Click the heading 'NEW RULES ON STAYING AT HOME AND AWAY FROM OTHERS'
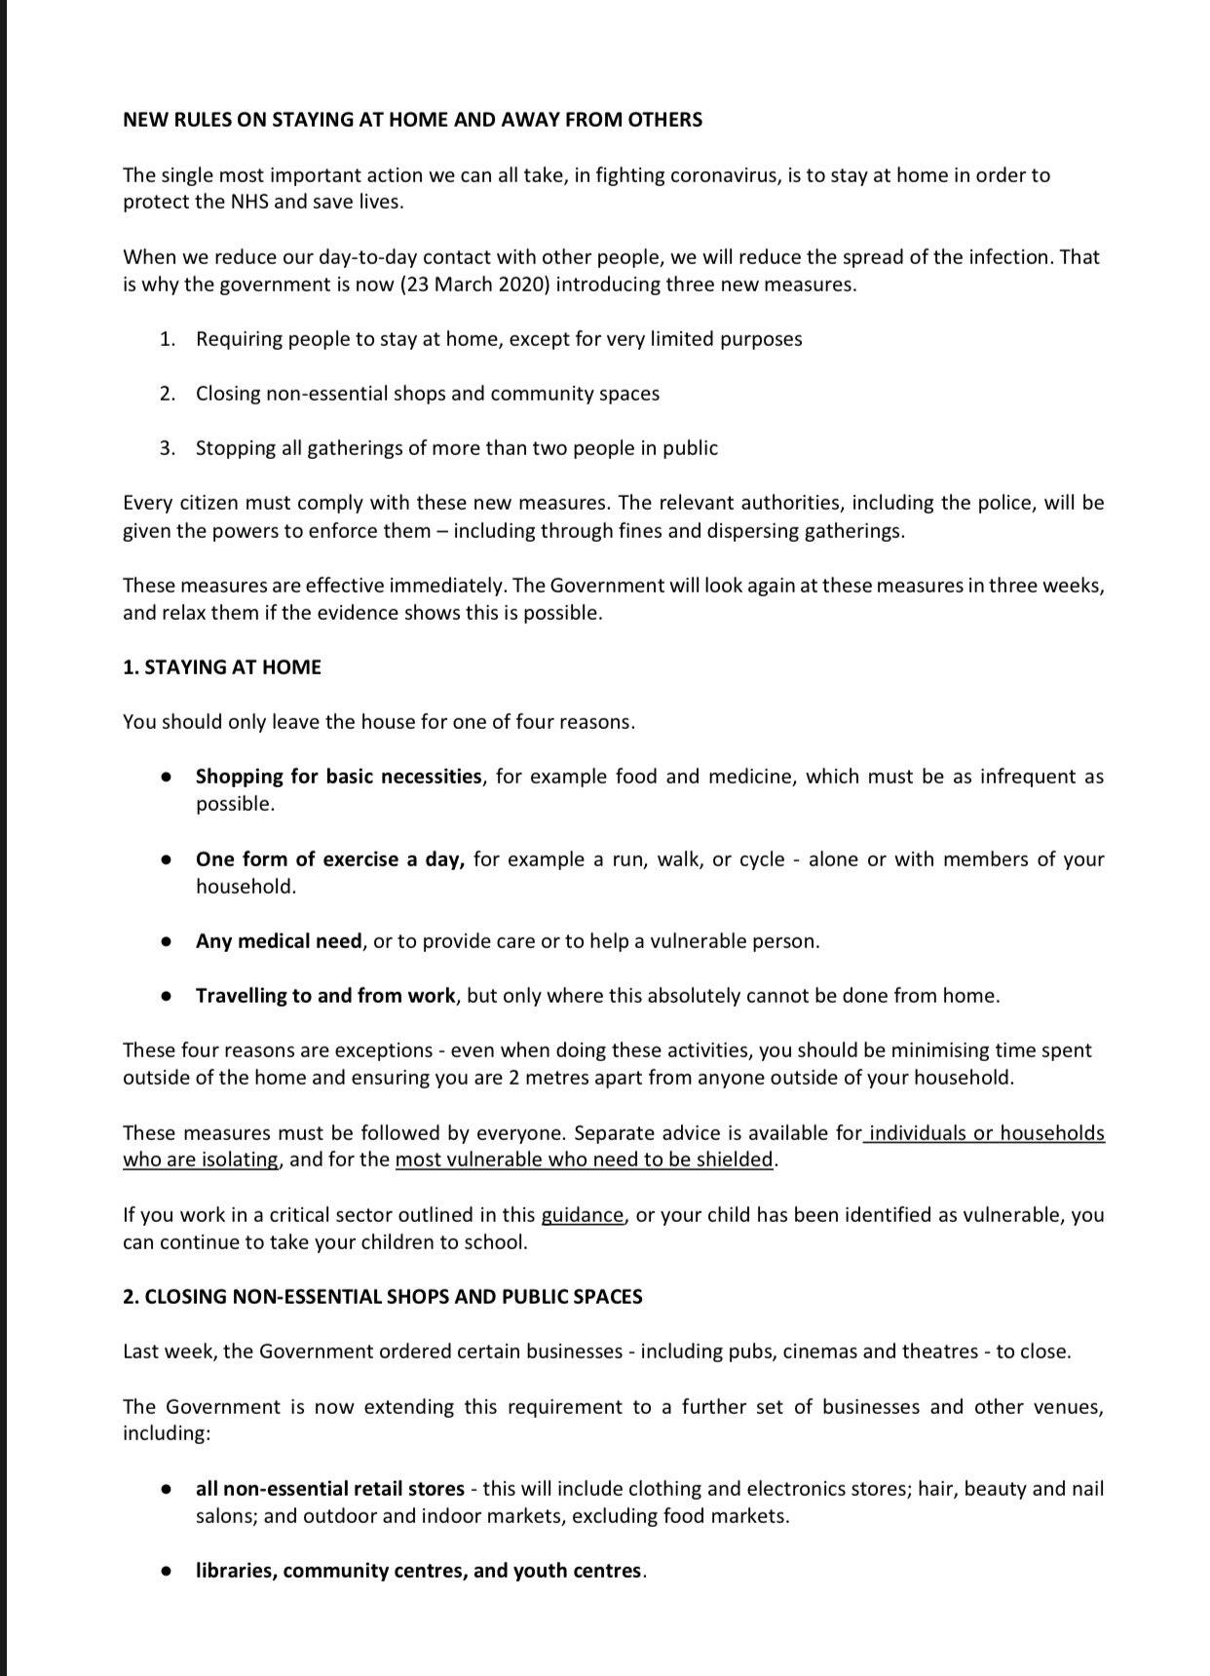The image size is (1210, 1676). pyautogui.click(x=412, y=120)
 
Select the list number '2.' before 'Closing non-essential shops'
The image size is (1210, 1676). pyautogui.click(x=168, y=394)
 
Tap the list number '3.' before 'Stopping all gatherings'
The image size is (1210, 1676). pyautogui.click(x=168, y=448)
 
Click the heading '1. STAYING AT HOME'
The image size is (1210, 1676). pyautogui.click(x=221, y=667)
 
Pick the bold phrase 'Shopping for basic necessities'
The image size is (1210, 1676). pyautogui.click(x=338, y=777)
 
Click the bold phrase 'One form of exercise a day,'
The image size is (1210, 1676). pyautogui.click(x=330, y=859)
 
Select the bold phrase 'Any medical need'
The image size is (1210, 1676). pyautogui.click(x=279, y=941)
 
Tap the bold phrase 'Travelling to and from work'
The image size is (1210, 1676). pyautogui.click(x=325, y=996)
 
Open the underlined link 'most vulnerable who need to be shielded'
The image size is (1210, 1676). pyautogui.click(x=584, y=1160)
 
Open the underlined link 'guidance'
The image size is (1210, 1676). pyautogui.click(x=582, y=1215)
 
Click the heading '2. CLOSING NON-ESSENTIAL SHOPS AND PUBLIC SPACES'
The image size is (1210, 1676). pyautogui.click(x=382, y=1297)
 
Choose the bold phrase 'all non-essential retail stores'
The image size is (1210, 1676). pyautogui.click(x=329, y=1489)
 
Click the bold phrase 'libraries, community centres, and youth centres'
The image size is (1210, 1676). pyautogui.click(x=419, y=1571)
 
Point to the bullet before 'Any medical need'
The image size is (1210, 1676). pyautogui.click(x=168, y=941)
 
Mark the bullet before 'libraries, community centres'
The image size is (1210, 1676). pyautogui.click(x=168, y=1571)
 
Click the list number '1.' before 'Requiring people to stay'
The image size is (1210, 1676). pyautogui.click(x=168, y=339)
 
